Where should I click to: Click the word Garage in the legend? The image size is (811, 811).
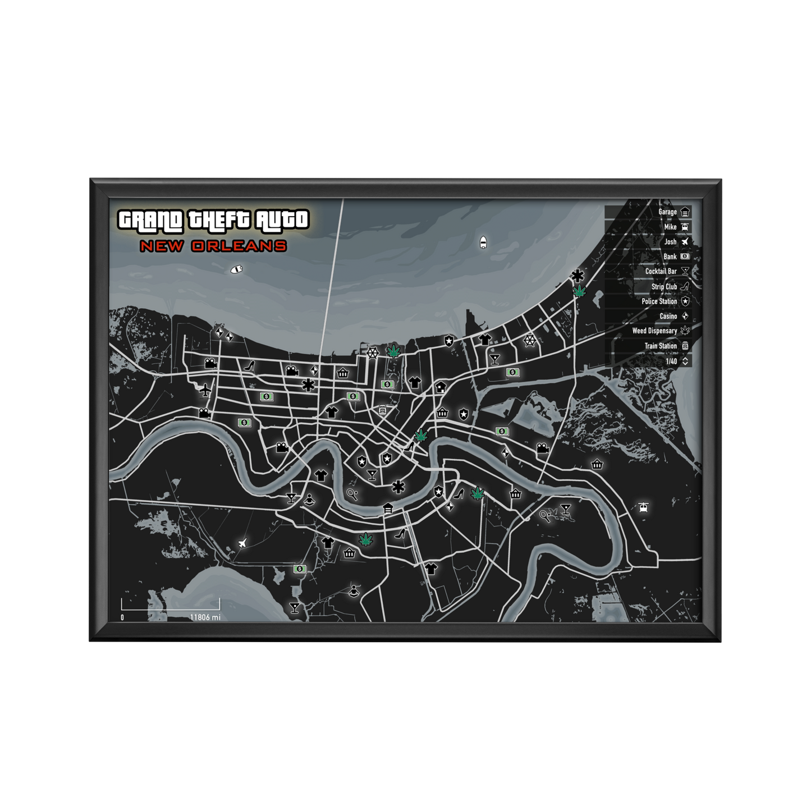coord(667,212)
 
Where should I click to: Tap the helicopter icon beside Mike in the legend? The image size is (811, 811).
coord(685,227)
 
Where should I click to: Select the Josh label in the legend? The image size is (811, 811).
coord(671,242)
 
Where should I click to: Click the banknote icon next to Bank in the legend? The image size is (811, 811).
coord(685,256)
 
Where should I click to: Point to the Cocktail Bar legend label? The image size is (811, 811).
coord(661,272)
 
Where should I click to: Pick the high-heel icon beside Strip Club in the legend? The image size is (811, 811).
coord(685,286)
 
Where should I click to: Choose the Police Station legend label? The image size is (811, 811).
coord(659,301)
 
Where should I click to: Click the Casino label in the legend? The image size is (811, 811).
coord(668,317)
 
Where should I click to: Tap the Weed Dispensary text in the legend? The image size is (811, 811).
coord(654,331)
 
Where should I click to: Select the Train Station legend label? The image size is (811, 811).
coord(660,346)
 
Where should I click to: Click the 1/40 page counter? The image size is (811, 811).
coord(671,361)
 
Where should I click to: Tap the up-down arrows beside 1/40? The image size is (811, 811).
coord(685,361)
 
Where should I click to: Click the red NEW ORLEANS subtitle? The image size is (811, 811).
coord(213,246)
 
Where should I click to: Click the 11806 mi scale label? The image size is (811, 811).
coord(204,617)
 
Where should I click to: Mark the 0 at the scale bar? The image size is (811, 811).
coord(122,617)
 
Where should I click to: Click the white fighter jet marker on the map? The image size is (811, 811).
coord(242,543)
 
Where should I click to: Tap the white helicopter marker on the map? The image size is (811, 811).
coord(644,507)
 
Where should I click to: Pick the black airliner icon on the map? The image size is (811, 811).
coord(205,389)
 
